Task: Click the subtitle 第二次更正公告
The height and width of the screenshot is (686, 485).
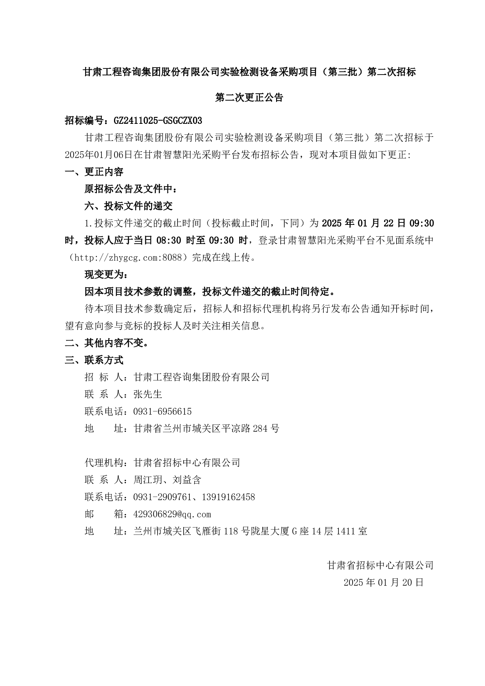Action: click(x=249, y=98)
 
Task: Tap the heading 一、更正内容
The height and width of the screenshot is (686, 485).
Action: click(x=94, y=172)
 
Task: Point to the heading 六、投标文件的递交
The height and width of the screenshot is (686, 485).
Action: click(x=129, y=206)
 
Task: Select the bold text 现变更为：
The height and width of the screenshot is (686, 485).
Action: click(x=104, y=275)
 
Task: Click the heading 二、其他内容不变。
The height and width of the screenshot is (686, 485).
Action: click(x=106, y=343)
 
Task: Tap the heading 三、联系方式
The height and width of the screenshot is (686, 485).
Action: click(x=94, y=360)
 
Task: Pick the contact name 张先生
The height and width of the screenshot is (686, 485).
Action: click(x=148, y=394)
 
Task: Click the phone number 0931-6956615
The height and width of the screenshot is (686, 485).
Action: click(x=162, y=411)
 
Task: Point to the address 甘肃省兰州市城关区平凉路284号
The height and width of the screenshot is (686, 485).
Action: click(x=206, y=429)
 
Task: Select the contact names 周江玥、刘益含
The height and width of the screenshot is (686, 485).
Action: click(x=167, y=480)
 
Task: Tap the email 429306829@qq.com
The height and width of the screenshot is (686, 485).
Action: click(x=172, y=514)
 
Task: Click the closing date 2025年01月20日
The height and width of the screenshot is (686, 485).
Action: click(x=384, y=583)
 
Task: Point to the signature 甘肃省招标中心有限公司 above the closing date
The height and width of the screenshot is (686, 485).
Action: click(x=380, y=565)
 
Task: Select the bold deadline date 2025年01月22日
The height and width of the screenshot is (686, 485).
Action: click(x=364, y=223)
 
